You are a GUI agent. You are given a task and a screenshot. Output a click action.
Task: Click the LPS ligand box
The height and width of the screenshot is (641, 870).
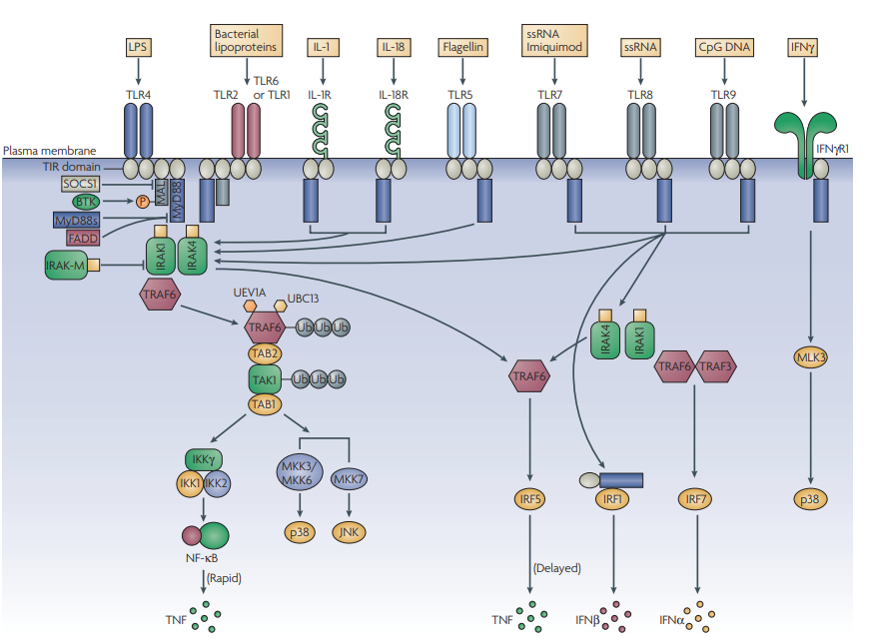[x=138, y=47]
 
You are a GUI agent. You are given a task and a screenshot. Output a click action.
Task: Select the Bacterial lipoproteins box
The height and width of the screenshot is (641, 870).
[x=246, y=41]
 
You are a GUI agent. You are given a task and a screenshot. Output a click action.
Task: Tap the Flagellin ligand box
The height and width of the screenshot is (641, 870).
[x=462, y=47]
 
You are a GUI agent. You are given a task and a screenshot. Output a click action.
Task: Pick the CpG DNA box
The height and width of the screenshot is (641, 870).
[x=724, y=47]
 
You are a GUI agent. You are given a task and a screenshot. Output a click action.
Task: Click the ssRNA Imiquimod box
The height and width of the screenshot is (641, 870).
[x=554, y=41]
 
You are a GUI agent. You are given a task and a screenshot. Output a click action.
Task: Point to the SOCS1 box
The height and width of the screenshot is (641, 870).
[x=81, y=184]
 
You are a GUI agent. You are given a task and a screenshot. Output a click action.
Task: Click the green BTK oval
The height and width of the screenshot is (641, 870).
[x=86, y=202]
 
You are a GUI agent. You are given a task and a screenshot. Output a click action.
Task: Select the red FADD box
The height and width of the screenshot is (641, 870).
[x=83, y=239]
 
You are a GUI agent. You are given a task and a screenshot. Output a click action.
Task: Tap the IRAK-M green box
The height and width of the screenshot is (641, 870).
[x=67, y=265]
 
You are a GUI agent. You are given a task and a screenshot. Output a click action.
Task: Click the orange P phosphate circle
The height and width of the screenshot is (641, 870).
[x=143, y=202]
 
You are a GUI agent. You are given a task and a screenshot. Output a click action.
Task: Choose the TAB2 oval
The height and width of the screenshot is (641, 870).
[x=265, y=353]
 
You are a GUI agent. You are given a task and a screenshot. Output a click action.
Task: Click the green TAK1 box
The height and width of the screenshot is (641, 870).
[x=265, y=379]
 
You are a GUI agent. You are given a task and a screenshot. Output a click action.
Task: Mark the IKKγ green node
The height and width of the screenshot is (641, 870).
[x=204, y=459]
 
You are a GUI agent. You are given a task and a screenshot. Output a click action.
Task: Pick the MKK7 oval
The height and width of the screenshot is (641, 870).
[x=349, y=478]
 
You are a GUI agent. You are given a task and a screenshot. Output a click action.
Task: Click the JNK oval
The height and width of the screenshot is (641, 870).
[x=349, y=532]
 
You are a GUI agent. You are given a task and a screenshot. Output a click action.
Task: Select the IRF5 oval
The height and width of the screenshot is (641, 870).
[x=529, y=499]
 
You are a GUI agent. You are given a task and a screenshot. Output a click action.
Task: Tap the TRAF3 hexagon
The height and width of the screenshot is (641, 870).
[x=716, y=366]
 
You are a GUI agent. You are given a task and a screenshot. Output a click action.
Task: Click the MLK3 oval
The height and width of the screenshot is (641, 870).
[x=811, y=357]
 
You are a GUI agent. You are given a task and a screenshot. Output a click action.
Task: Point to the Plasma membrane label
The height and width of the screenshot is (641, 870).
[x=49, y=151]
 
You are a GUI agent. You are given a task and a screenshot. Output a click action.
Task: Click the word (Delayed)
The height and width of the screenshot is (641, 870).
[x=556, y=568]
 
